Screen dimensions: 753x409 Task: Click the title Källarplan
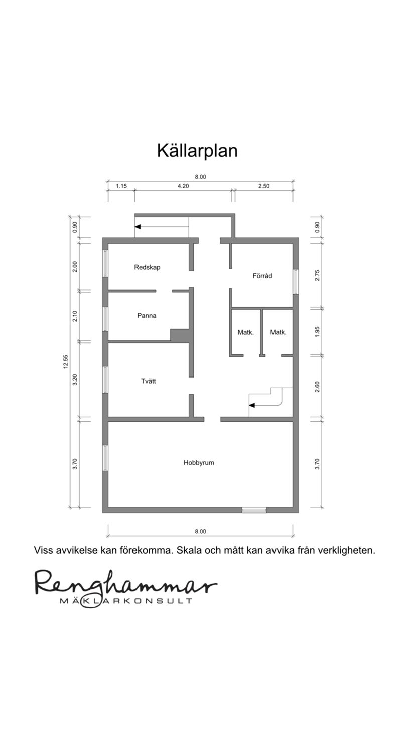197,150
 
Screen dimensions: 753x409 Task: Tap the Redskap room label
147,267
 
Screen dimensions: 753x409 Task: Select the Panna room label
147,316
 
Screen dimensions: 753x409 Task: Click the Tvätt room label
148,381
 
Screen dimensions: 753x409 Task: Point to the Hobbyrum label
199,463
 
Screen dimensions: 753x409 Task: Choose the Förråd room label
262,276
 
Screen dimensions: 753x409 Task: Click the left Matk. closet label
246,332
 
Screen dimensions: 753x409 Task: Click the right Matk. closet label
278,332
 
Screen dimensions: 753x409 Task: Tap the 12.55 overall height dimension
65,362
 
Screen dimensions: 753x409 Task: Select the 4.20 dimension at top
183,186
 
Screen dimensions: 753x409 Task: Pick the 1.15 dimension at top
121,186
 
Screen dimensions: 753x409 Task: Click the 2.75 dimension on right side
317,275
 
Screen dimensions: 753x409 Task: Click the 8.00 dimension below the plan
200,531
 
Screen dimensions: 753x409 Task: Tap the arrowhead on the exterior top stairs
138,227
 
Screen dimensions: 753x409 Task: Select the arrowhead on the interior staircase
252,404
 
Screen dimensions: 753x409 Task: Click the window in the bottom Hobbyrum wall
254,510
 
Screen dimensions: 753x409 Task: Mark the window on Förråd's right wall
296,282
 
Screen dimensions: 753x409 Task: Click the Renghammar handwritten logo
125,583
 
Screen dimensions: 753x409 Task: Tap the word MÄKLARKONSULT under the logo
125,601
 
